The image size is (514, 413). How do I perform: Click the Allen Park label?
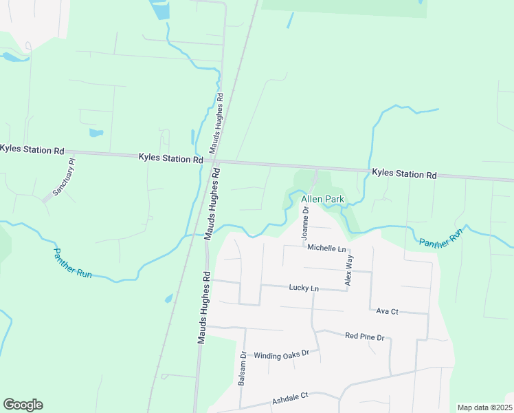point(322,200)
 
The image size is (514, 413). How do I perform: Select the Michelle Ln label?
point(326,248)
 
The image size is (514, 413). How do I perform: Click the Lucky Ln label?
point(304,288)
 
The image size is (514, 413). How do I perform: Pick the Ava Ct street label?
point(388,311)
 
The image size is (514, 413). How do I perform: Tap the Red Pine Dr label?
point(364,337)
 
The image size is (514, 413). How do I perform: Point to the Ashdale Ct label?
point(291,398)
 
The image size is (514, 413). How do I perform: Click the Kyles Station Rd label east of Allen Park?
point(404,175)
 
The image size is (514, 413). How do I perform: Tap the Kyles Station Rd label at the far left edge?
point(32,149)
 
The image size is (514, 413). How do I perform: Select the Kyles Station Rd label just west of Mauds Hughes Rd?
point(170,158)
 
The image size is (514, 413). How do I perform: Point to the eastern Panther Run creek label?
point(440,237)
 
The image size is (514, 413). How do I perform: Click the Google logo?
point(23,405)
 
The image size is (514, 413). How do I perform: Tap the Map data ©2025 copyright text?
point(484,407)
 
